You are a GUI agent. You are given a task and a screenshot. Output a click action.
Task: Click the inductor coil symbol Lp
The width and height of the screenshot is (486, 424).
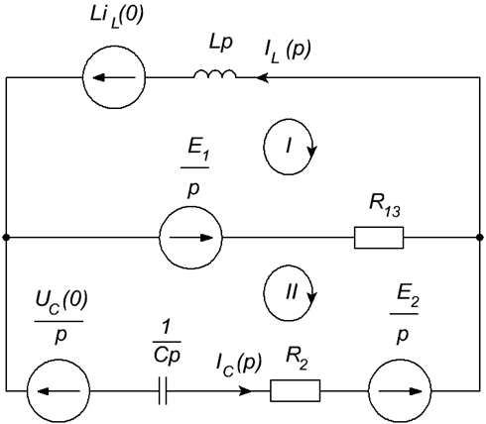point(215,74)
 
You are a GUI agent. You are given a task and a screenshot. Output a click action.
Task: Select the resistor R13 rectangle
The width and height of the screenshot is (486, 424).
point(379,238)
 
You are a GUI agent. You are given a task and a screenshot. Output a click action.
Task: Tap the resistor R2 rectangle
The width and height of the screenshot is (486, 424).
point(296,391)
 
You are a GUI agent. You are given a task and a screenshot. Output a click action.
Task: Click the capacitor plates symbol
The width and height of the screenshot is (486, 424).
point(163,391)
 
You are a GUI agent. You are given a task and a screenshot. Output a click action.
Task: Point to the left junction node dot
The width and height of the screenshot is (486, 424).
point(6,237)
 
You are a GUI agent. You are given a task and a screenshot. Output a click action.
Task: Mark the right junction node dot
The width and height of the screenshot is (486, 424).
point(480,237)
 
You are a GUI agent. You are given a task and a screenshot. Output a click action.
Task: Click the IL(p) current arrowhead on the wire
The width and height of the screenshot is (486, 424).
point(263,78)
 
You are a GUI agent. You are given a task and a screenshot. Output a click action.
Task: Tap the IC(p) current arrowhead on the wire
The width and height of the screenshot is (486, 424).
point(245,391)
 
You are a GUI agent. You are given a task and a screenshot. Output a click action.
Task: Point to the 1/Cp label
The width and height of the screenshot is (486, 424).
point(167,343)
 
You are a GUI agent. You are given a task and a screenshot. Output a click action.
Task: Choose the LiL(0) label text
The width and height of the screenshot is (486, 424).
point(117,17)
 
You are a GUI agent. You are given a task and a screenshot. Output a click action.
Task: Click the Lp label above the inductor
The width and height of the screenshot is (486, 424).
point(220,44)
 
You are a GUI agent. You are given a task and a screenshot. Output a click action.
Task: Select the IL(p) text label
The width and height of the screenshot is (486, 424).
point(288,52)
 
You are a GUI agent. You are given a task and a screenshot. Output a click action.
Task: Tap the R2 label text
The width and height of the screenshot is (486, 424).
point(297,359)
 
